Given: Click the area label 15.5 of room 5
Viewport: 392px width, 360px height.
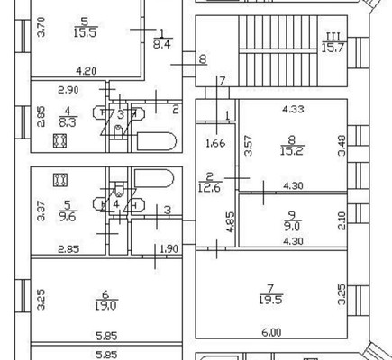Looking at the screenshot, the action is click(86, 32).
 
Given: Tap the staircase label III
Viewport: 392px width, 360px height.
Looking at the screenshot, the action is click(333, 37).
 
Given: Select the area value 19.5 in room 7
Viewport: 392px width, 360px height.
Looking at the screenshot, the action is click(270, 300).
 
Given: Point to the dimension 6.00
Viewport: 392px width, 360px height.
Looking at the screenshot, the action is click(271, 332).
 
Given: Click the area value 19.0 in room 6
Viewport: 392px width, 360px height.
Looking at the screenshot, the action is click(106, 306).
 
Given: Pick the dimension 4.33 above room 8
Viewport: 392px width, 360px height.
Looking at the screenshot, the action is click(293, 109).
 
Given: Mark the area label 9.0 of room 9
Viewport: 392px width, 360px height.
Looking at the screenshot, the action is click(292, 227).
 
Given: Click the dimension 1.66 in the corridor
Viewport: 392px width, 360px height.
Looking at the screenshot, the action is click(215, 143).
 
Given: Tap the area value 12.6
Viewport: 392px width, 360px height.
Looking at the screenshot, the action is click(209, 187).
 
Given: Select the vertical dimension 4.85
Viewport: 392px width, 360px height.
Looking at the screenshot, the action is click(230, 222).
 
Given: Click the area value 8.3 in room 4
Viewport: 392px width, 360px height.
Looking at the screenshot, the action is click(68, 122).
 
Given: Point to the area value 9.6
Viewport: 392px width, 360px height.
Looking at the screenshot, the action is click(68, 217).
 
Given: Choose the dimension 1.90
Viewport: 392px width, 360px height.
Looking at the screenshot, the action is click(169, 248).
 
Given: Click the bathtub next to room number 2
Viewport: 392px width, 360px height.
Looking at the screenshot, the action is click(156, 141).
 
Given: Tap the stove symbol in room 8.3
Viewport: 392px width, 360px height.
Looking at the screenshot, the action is click(59, 141).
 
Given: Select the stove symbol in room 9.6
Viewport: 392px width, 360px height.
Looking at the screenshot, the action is click(60, 180).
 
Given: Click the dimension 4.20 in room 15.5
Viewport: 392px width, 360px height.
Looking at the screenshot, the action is click(86, 71).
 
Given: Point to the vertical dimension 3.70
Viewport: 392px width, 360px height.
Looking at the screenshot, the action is click(41, 27).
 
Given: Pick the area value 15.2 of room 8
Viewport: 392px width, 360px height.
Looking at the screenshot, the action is click(292, 151).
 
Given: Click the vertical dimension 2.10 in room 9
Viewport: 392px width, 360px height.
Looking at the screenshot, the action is click(342, 220).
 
